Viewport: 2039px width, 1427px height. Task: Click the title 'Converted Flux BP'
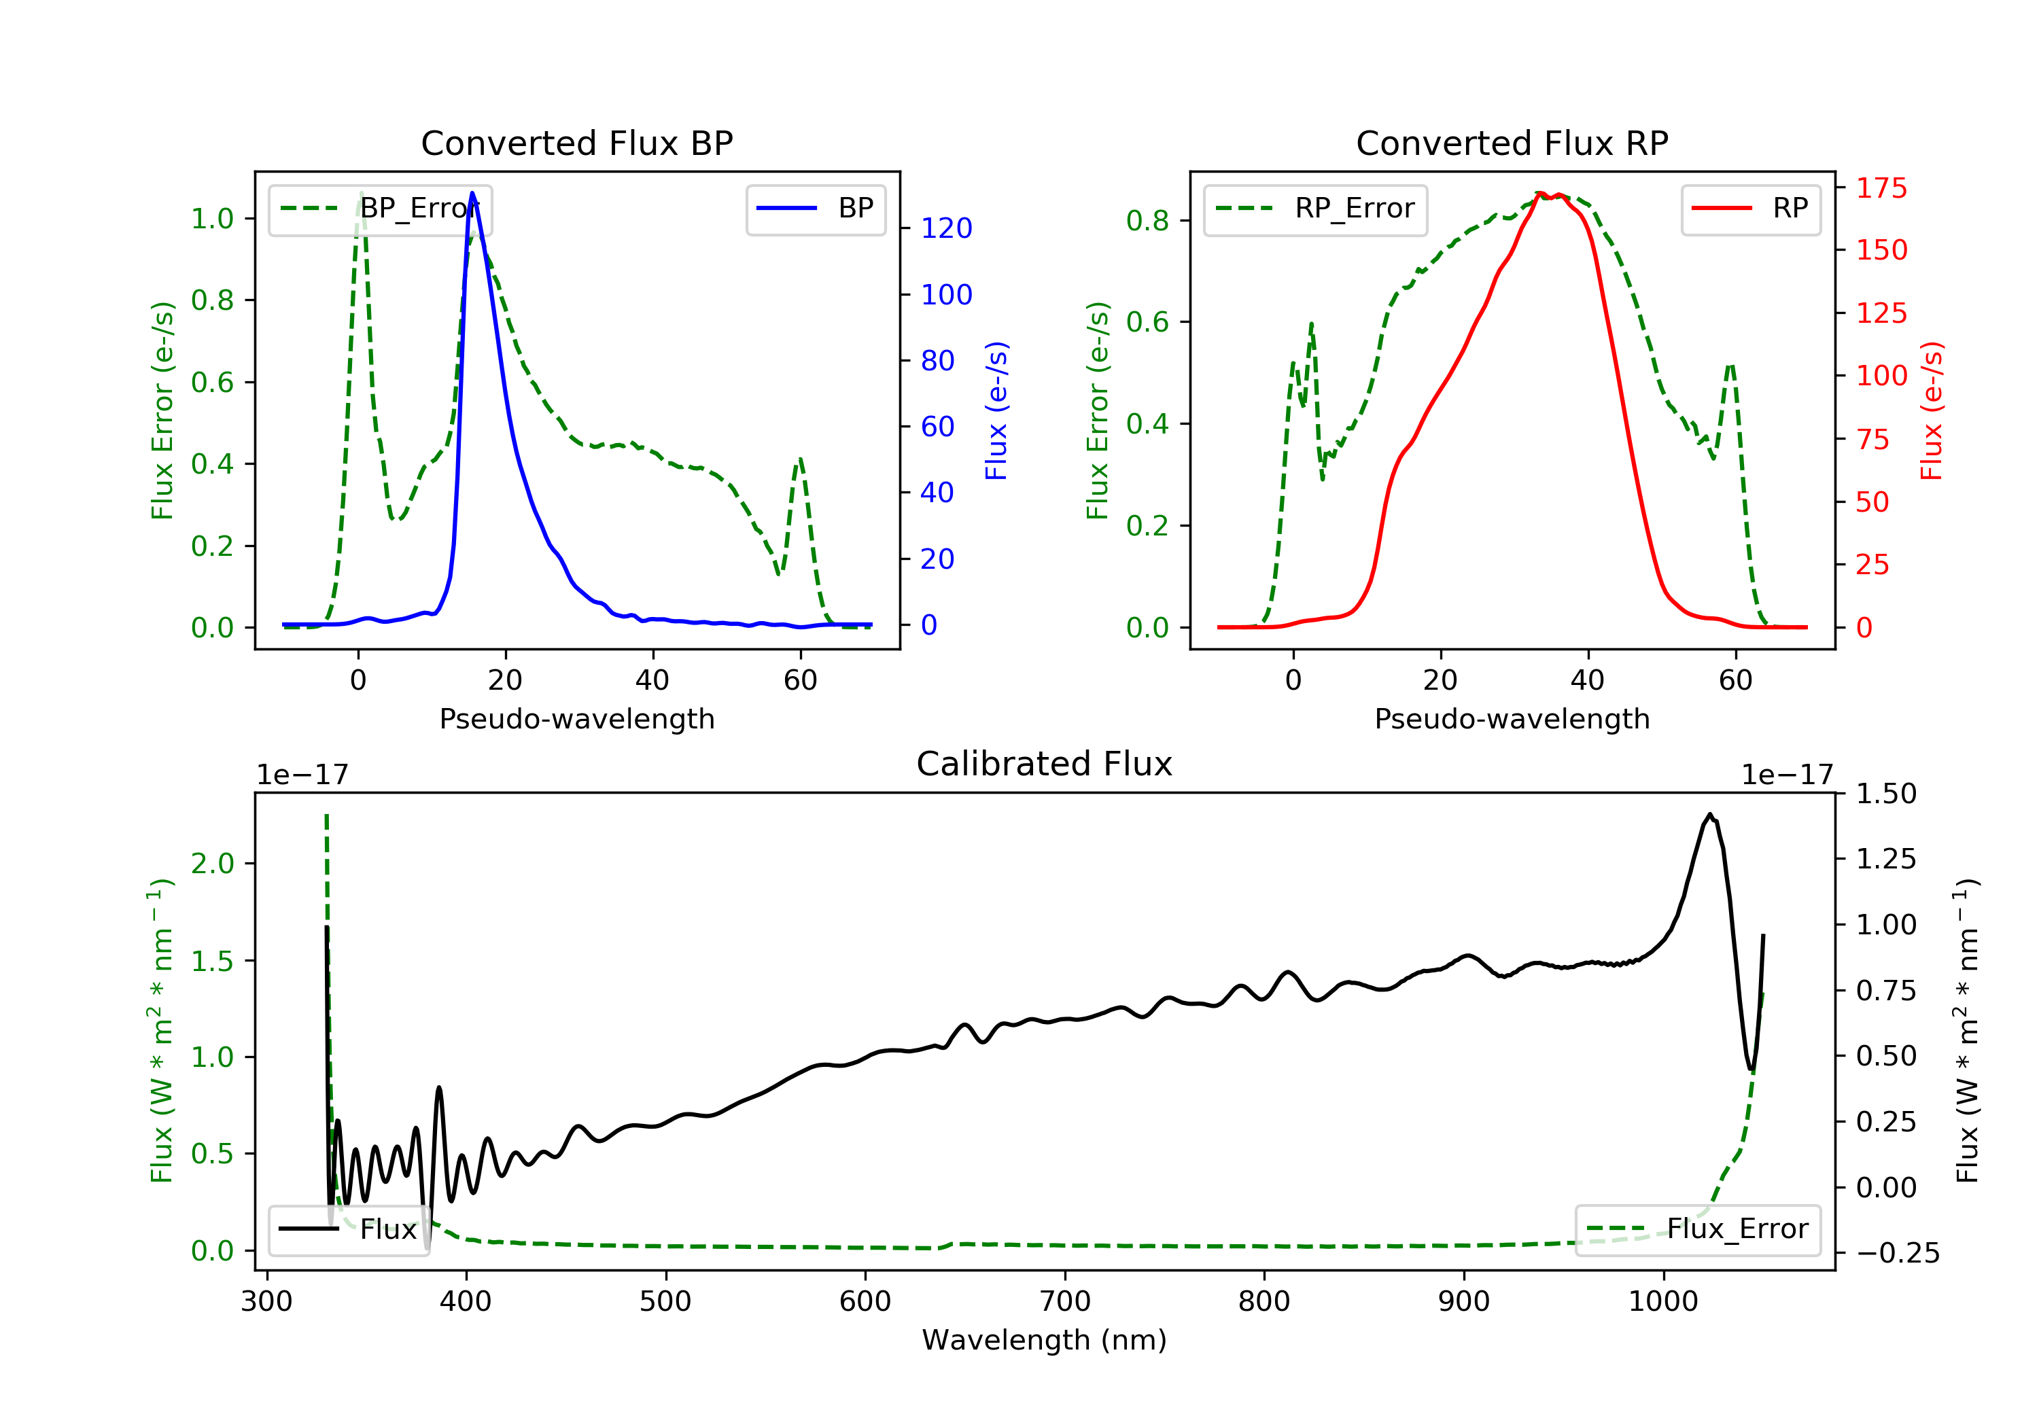click(x=576, y=143)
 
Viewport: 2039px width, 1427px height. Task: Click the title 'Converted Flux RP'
click(x=1512, y=143)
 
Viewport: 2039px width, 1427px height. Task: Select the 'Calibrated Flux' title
click(x=1045, y=764)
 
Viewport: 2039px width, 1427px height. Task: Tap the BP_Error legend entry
click(x=380, y=209)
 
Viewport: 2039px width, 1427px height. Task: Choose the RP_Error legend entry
click(x=1315, y=209)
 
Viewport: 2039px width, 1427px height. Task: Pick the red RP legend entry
click(x=1750, y=209)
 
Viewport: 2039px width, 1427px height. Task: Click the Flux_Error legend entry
click(x=1698, y=1229)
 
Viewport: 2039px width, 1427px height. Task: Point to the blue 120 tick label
click(x=946, y=228)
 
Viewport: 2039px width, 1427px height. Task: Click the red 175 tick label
click(x=1881, y=188)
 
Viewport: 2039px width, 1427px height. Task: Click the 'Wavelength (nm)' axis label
click(x=1045, y=1340)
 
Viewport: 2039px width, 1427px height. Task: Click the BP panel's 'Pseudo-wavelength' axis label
click(x=576, y=718)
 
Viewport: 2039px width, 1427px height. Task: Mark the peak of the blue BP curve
click(x=472, y=193)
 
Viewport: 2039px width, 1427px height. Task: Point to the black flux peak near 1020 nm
click(x=1709, y=814)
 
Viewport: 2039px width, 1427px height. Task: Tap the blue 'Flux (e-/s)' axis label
click(x=996, y=411)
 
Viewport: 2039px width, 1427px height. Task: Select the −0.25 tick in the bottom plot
click(x=1898, y=1253)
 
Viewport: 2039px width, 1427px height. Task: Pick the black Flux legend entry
click(x=348, y=1229)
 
